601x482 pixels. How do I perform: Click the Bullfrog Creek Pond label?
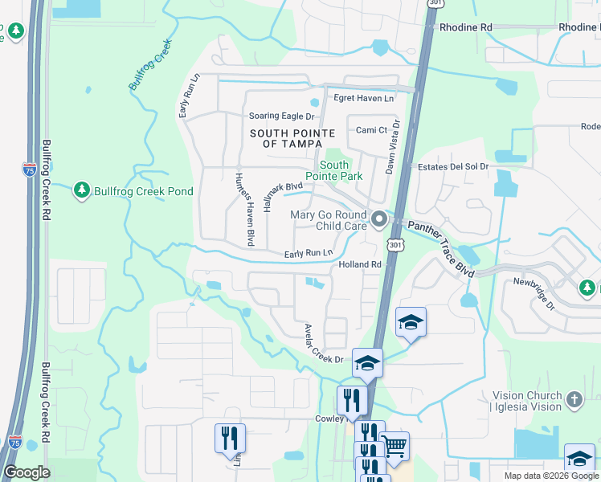click(x=143, y=191)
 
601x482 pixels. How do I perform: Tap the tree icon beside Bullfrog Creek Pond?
click(x=81, y=190)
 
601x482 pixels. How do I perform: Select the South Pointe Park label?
click(x=333, y=170)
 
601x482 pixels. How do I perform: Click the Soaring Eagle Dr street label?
click(x=280, y=116)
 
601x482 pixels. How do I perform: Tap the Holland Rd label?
click(x=359, y=264)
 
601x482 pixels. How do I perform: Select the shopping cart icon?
click(x=394, y=444)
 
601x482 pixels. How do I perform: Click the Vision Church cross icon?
click(x=574, y=399)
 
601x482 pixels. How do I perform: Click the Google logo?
click(x=27, y=472)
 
